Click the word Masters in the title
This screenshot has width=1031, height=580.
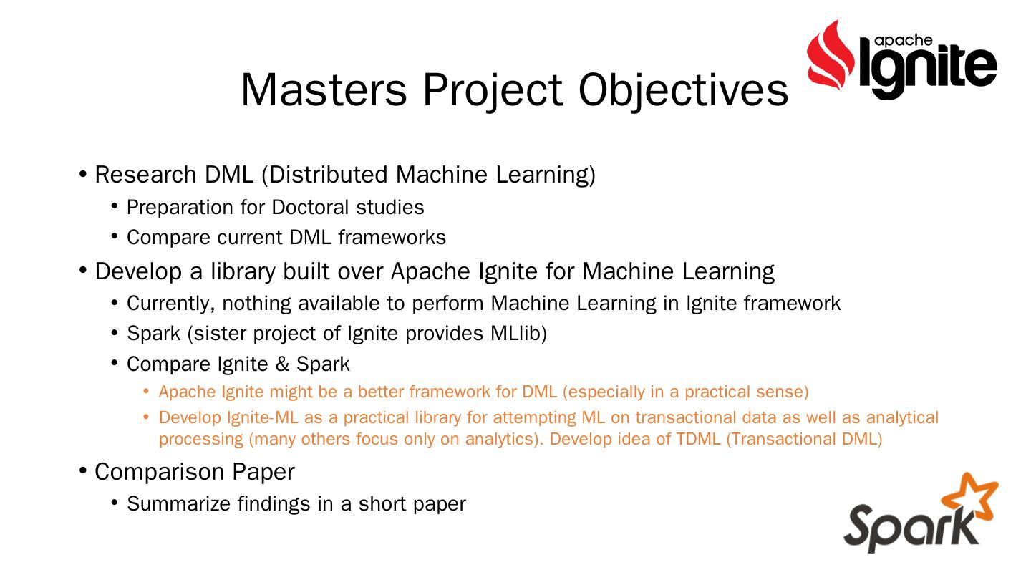tap(324, 90)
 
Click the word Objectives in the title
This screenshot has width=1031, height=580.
tap(683, 91)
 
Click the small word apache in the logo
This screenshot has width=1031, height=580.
tap(903, 41)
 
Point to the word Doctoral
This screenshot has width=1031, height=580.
tap(310, 207)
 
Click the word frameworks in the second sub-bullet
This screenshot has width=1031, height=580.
tap(392, 238)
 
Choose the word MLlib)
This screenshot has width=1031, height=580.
tap(518, 333)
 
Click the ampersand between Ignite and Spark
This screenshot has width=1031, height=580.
tap(282, 364)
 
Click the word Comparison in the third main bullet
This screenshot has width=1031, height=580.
tap(159, 473)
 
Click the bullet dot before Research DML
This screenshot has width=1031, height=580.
tap(83, 175)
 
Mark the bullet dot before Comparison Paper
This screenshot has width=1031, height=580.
tap(83, 471)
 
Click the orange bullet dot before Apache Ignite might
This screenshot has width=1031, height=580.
tap(146, 392)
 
